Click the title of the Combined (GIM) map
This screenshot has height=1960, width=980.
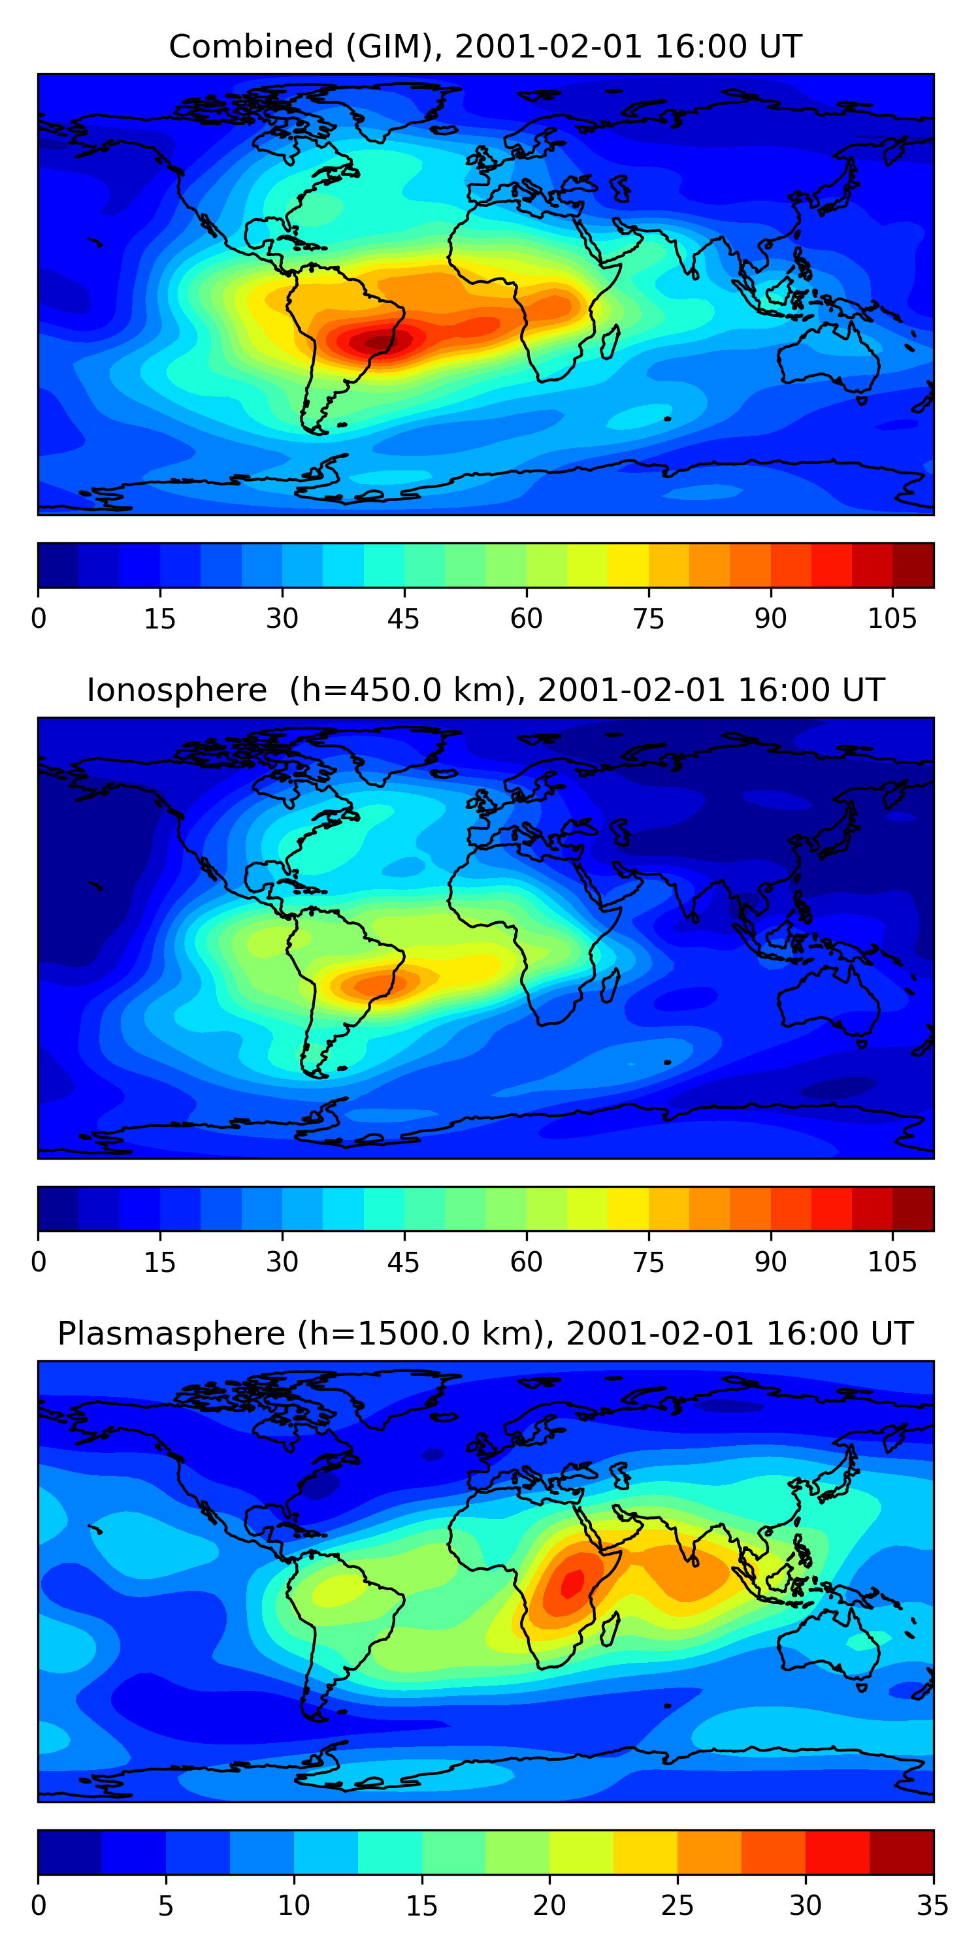[x=485, y=46]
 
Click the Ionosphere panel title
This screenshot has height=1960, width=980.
[x=485, y=690]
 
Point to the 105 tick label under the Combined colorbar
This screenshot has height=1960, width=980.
[x=892, y=619]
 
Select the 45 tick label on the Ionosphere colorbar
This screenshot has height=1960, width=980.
[x=403, y=1262]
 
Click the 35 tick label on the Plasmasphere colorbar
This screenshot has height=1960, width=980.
[x=933, y=1906]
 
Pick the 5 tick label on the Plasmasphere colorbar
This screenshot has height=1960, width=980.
[x=166, y=1906]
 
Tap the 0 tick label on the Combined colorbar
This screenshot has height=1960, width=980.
[x=39, y=619]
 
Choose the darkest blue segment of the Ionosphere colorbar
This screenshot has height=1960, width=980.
[x=59, y=1208]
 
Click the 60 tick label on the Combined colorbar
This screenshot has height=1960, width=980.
[x=527, y=619]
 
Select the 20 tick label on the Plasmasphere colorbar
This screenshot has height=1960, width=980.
[x=549, y=1906]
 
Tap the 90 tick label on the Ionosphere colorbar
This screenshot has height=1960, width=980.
[x=770, y=1262]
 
